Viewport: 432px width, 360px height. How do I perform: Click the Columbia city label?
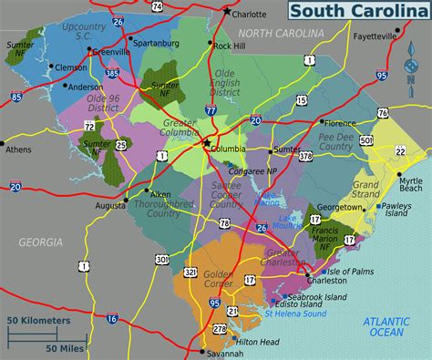pyautogui.click(x=231, y=149)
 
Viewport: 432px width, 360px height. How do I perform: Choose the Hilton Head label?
pyautogui.click(x=252, y=341)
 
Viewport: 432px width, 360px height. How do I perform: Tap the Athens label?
pyautogui.click(x=18, y=149)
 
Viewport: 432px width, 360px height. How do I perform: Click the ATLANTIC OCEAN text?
pyautogui.click(x=386, y=326)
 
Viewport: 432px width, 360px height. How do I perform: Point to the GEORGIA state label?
pyautogui.click(x=40, y=242)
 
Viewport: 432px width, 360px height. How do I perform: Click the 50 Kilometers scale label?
pyautogui.click(x=39, y=321)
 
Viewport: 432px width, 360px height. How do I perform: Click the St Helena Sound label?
pyautogui.click(x=294, y=313)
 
